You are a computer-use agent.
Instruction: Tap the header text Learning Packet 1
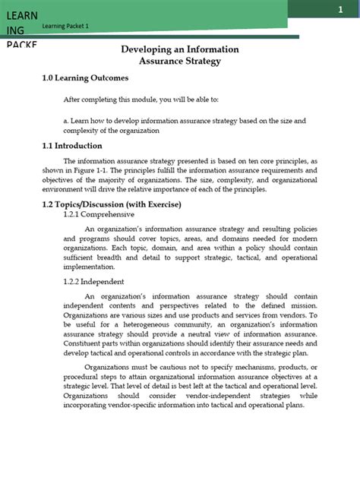(x=67, y=27)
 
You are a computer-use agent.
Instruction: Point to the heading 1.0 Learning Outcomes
(x=84, y=78)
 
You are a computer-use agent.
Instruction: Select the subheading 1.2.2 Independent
(x=92, y=283)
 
